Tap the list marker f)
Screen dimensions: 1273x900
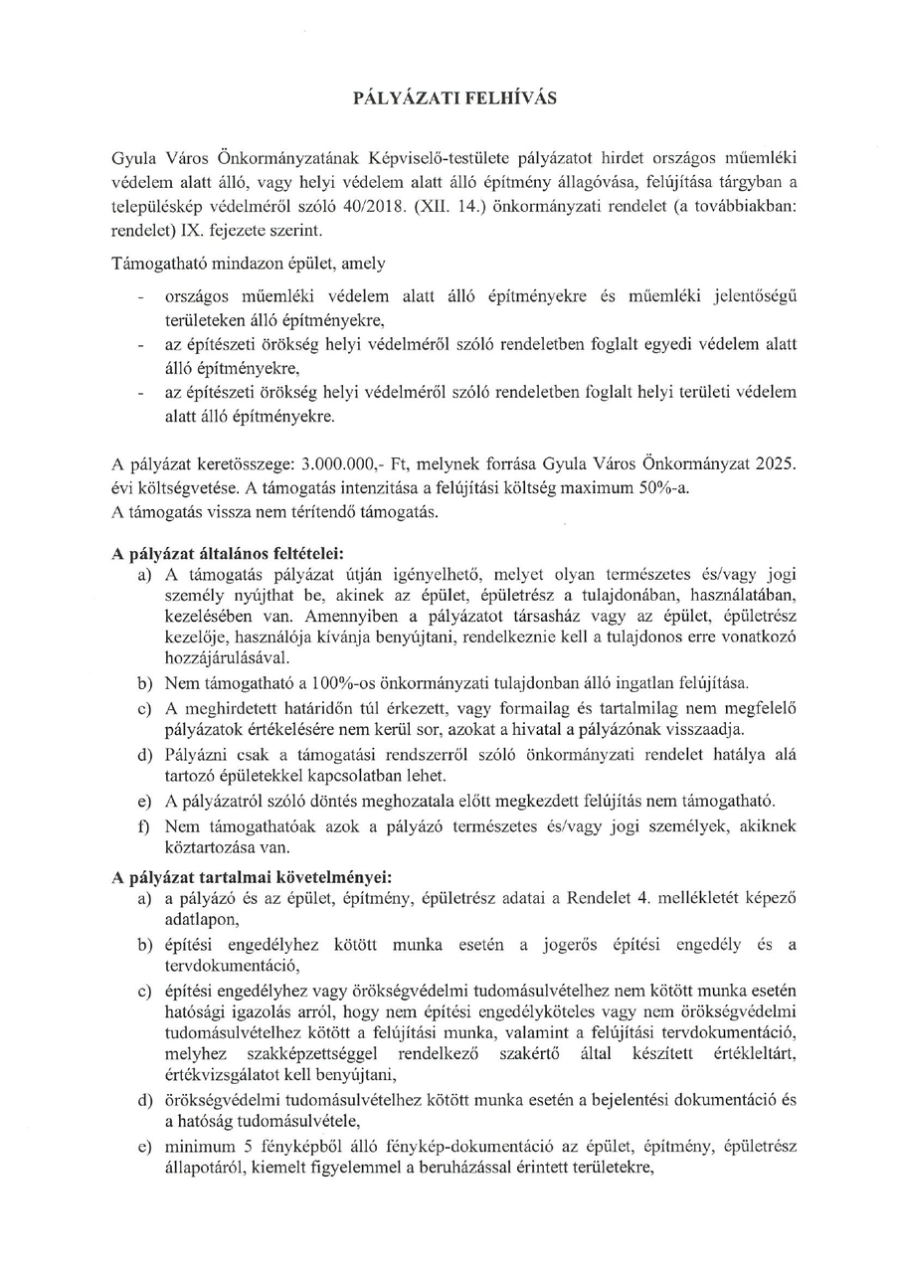tap(146, 826)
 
